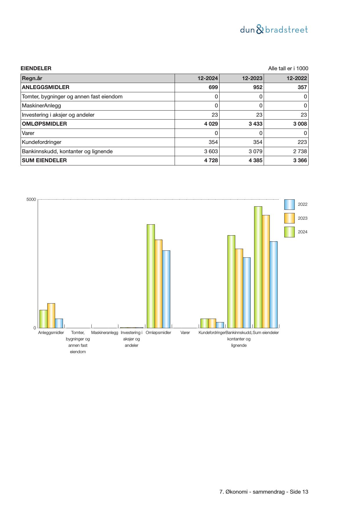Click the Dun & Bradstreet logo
point(274,30)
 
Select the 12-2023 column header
point(252,78)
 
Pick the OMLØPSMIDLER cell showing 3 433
point(256,124)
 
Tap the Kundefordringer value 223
point(302,142)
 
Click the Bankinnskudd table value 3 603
point(211,151)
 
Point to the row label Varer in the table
point(28,133)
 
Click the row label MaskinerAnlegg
point(41,106)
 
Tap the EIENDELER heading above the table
point(36,68)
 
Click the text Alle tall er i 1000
point(288,68)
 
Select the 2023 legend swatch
point(289,218)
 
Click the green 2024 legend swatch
point(289,232)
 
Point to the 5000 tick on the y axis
point(31,200)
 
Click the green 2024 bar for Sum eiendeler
point(258,267)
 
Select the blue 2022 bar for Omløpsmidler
point(166,289)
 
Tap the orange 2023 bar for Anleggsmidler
point(51,315)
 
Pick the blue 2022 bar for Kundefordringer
point(220,325)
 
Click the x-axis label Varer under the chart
point(185,333)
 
